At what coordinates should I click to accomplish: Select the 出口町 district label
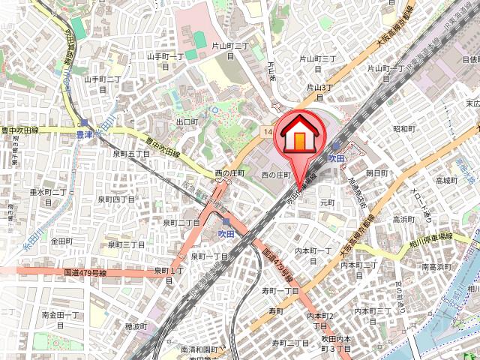(187, 121)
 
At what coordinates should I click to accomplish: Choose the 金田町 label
(61, 241)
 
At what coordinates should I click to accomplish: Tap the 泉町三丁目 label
(126, 244)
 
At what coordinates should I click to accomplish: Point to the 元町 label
(327, 202)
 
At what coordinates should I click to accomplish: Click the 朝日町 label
(376, 172)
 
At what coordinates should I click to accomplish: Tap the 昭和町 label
(403, 129)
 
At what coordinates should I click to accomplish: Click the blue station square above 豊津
(85, 122)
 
